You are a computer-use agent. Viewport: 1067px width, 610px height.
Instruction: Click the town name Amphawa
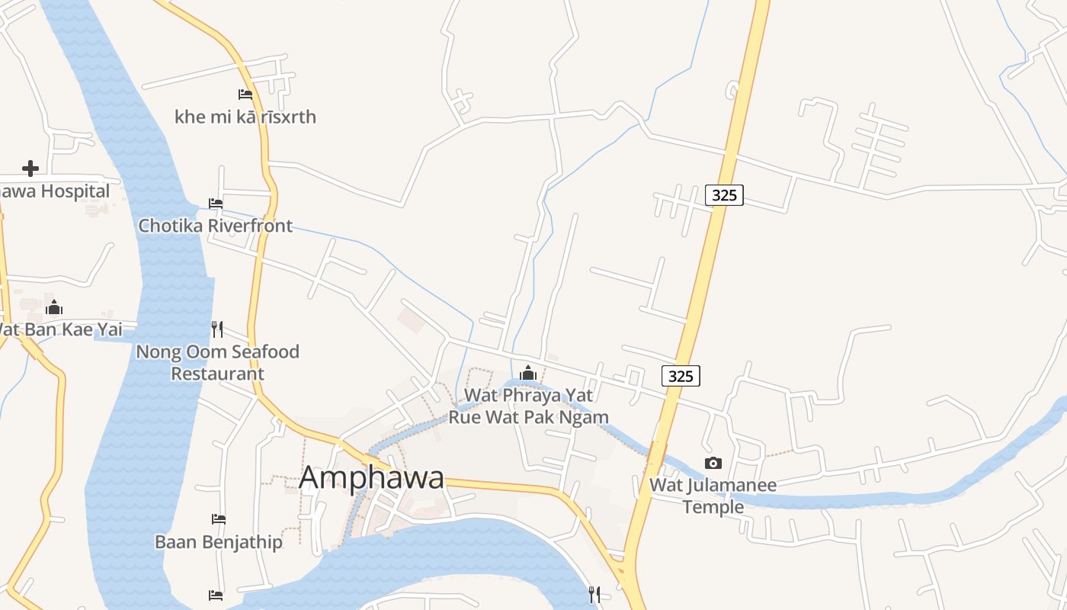click(x=371, y=478)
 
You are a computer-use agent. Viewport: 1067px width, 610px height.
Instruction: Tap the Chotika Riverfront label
click(x=215, y=226)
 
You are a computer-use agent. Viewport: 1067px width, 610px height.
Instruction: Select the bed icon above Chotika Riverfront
click(x=216, y=204)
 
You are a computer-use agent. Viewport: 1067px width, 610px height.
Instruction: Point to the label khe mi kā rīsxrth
click(x=245, y=117)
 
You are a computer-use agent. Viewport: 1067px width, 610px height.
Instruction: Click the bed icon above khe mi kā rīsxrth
click(x=245, y=95)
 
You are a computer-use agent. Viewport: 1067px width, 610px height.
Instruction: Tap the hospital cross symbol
click(x=30, y=168)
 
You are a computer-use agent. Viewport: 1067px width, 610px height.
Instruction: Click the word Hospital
click(x=75, y=191)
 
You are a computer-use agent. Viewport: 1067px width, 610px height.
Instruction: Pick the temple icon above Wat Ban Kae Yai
click(x=54, y=307)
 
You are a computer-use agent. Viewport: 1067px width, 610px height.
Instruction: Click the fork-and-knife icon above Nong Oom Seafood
click(x=217, y=329)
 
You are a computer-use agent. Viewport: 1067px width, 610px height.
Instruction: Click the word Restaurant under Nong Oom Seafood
click(x=217, y=374)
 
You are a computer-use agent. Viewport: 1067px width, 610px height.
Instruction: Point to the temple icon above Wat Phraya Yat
click(x=528, y=373)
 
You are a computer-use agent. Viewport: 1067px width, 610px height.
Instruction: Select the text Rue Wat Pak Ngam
click(x=528, y=416)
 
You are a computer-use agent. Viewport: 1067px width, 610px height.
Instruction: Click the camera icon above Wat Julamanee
click(x=713, y=463)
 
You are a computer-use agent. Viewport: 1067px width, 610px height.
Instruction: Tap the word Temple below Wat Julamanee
click(x=713, y=506)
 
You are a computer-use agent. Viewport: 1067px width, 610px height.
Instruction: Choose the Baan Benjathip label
click(x=219, y=542)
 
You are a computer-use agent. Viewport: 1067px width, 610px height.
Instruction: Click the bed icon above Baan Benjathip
click(x=219, y=519)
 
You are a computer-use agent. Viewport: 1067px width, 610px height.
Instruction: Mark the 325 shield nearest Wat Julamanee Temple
click(x=681, y=376)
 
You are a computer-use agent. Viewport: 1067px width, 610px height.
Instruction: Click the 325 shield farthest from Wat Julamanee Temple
click(x=724, y=195)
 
